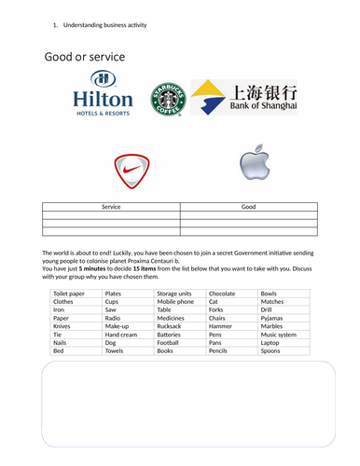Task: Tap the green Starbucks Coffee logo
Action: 168,96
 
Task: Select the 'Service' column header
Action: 111,207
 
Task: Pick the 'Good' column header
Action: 248,207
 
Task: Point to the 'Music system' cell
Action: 281,335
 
